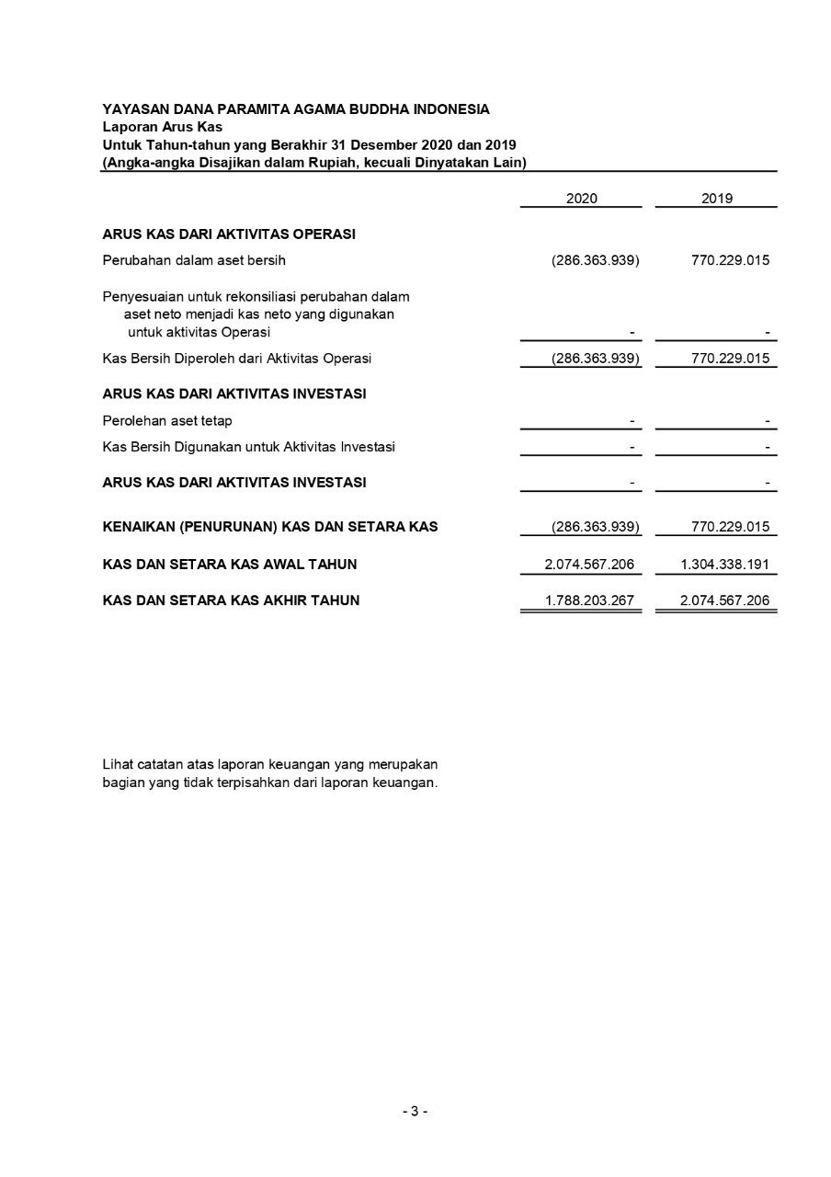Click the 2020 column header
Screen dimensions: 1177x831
click(x=581, y=199)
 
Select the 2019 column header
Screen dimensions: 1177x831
click(x=716, y=199)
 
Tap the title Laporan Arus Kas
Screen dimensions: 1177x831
click(x=162, y=127)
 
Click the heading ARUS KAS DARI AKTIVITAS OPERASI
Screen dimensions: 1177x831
click(x=229, y=234)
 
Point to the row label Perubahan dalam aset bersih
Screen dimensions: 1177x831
click(x=194, y=260)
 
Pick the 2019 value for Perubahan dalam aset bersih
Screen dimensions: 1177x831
click(x=730, y=260)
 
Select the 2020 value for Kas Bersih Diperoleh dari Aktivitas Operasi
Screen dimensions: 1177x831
click(x=595, y=359)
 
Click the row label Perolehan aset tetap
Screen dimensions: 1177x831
click(x=167, y=421)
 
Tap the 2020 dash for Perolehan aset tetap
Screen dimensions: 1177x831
click(x=632, y=421)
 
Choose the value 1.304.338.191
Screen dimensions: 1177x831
click(x=724, y=565)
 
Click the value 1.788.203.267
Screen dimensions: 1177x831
click(x=589, y=600)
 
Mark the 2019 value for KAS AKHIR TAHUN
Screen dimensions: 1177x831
click(x=724, y=600)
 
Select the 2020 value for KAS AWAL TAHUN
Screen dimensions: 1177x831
click(x=589, y=565)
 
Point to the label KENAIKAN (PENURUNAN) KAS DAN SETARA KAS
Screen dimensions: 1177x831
click(x=270, y=528)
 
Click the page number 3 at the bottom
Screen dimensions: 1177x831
click(x=415, y=1111)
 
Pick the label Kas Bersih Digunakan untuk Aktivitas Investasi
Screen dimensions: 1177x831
click(x=249, y=448)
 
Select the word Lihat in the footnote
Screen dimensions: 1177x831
click(x=116, y=764)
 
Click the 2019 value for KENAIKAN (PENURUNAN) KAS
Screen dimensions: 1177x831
click(x=730, y=528)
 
